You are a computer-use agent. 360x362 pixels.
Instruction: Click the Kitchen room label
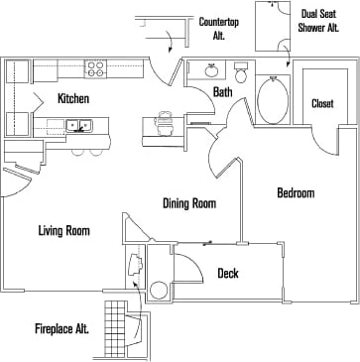pos(75,98)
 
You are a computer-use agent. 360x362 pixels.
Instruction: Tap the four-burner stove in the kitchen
pos(96,68)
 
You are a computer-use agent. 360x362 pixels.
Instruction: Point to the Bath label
pos(223,93)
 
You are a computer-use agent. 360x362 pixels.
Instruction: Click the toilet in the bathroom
pos(241,74)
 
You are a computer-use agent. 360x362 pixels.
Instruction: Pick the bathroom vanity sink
pos(209,71)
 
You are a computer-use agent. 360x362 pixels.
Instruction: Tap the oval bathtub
pos(273,100)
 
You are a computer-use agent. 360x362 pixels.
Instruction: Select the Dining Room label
pos(189,203)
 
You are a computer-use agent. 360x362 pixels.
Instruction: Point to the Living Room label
pos(63,231)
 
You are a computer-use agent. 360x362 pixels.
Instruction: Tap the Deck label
pos(227,274)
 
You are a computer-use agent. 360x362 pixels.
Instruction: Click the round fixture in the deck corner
pos(158,292)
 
